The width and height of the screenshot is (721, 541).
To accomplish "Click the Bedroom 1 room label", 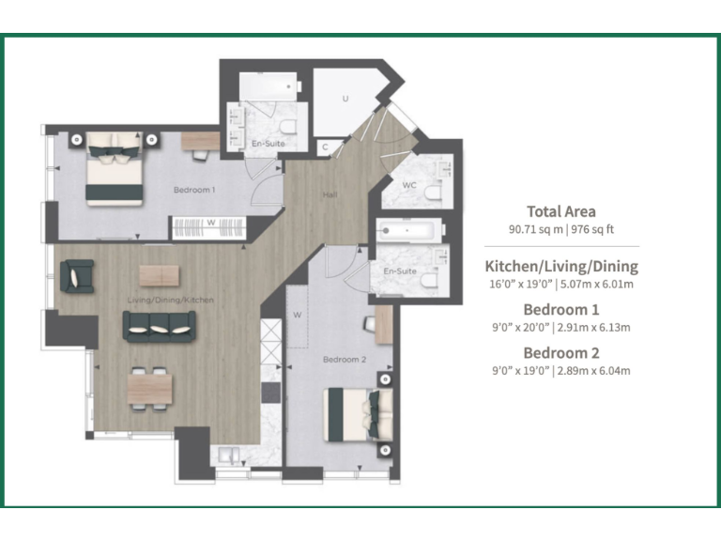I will coord(194,190).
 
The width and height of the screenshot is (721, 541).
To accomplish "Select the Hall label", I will coord(330,195).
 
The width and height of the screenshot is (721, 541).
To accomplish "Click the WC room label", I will coord(409,185).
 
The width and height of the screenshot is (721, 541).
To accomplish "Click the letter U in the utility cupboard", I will coord(345,98).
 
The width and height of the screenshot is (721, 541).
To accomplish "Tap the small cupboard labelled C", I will coord(325,147).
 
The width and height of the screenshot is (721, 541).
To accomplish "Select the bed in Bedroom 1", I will coord(115,167).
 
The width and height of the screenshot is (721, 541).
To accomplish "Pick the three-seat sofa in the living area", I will coord(159,325).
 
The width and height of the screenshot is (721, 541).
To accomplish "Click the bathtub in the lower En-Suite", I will coord(408,228).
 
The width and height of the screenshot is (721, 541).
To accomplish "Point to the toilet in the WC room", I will coord(432,194).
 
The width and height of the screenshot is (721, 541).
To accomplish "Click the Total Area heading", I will coord(561,211).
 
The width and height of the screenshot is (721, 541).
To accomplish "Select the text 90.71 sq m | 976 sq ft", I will coord(561,229).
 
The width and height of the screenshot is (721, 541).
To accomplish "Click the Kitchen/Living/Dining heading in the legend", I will coord(561,266).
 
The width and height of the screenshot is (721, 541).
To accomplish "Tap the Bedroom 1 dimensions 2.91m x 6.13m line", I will coord(561,327).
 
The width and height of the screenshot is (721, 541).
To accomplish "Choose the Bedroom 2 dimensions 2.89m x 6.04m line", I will coord(561,371).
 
